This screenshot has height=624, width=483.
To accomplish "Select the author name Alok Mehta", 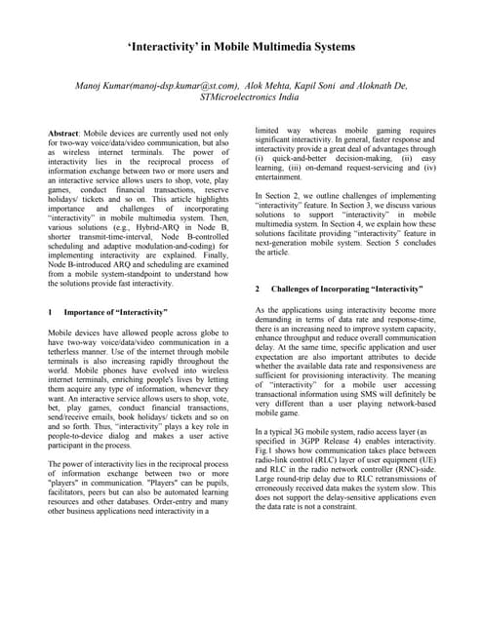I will tap(270, 86).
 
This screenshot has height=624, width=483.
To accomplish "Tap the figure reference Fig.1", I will tap(265, 477).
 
